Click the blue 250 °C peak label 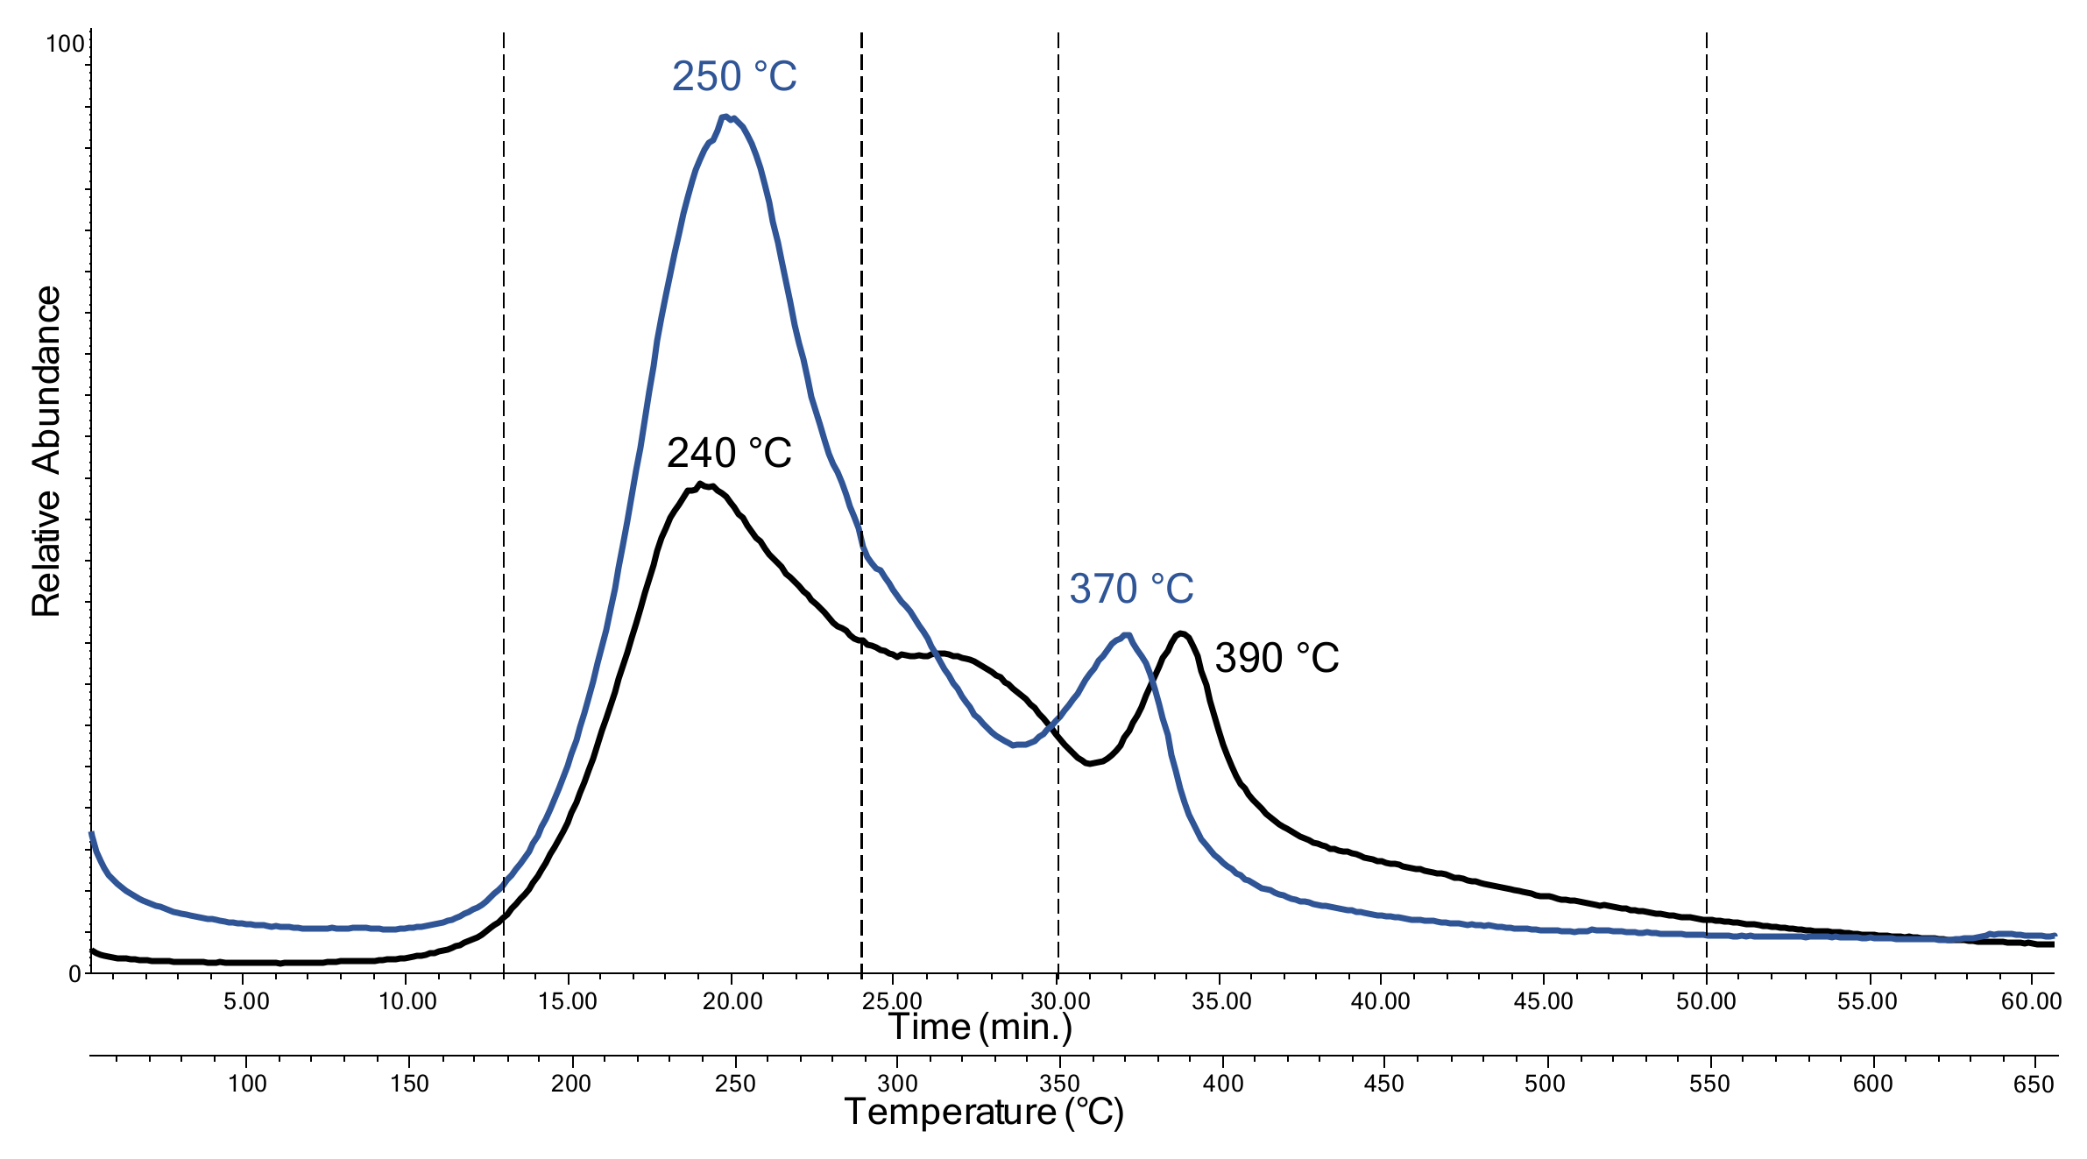tap(734, 77)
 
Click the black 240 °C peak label tap(729, 454)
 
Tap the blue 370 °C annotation tap(1131, 589)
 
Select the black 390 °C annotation tap(1277, 658)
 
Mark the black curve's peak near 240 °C tap(703, 484)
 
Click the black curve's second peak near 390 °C tap(1182, 633)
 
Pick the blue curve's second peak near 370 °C tap(1126, 635)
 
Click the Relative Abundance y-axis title tap(46, 451)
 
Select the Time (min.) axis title tap(980, 1027)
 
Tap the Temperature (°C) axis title tap(983, 1112)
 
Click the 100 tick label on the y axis tap(65, 43)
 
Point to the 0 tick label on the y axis tap(75, 974)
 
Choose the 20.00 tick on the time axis tap(732, 1001)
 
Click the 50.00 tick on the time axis tap(1706, 1001)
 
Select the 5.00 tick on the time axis tap(246, 1001)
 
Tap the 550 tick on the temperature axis tap(1709, 1085)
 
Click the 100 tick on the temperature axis tap(247, 1084)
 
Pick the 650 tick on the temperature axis tap(2033, 1085)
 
